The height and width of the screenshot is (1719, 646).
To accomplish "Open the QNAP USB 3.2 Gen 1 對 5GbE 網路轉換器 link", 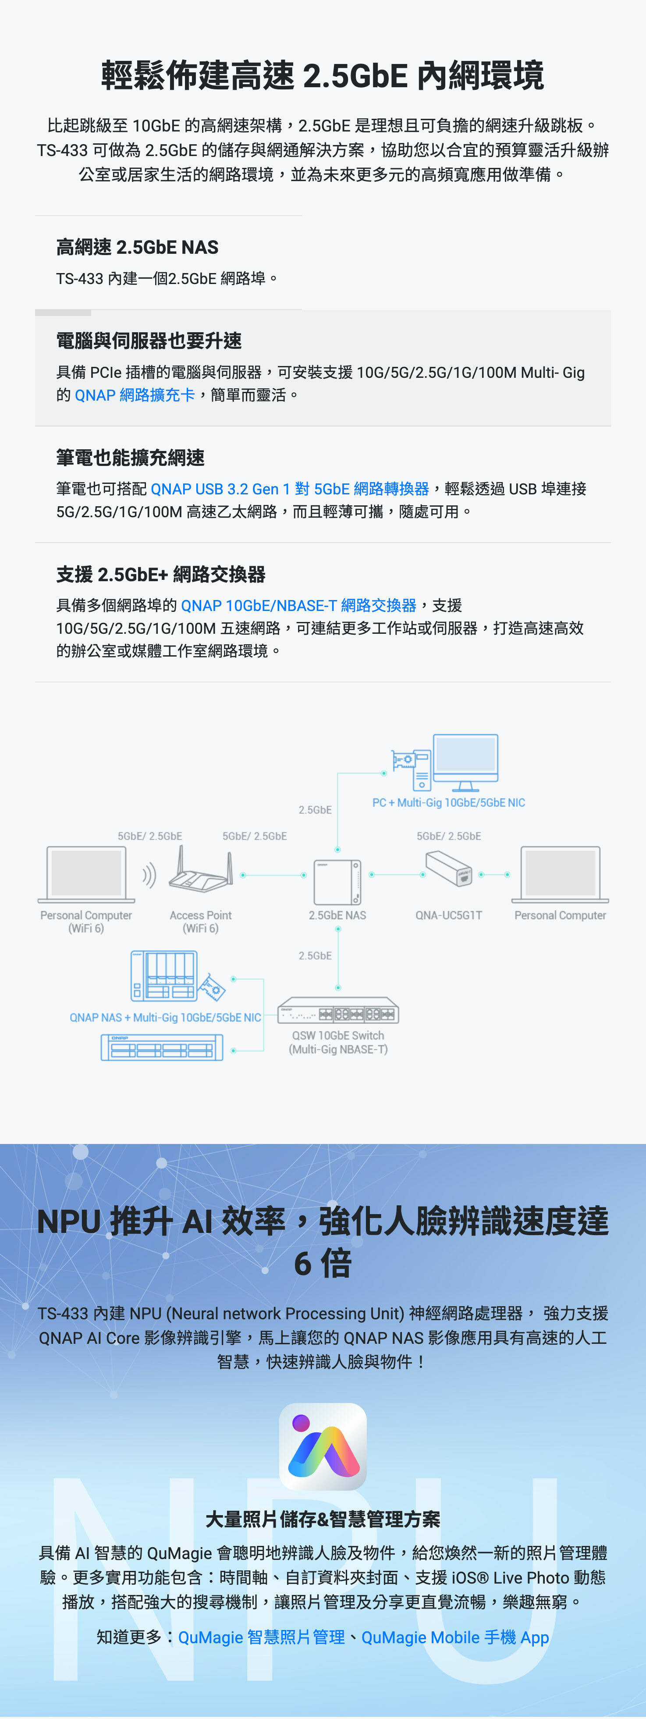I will [x=290, y=489].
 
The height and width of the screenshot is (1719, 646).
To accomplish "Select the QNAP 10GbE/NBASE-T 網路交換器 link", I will [x=298, y=605].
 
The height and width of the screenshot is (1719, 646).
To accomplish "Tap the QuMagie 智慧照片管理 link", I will [x=261, y=1637].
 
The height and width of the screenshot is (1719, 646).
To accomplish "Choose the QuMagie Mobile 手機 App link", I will [x=455, y=1637].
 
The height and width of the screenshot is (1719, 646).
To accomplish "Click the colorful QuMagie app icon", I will [x=323, y=1446].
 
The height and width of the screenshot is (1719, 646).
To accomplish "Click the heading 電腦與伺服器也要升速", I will [x=149, y=341].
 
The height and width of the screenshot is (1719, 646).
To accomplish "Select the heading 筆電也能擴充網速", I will [x=130, y=458].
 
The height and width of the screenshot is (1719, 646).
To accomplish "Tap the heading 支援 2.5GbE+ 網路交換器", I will [x=161, y=574].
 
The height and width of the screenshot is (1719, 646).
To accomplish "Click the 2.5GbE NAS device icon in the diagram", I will [x=337, y=881].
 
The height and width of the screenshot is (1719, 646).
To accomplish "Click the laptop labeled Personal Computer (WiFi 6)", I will [x=86, y=874].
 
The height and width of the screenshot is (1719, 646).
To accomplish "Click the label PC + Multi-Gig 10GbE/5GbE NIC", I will [x=448, y=803].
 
